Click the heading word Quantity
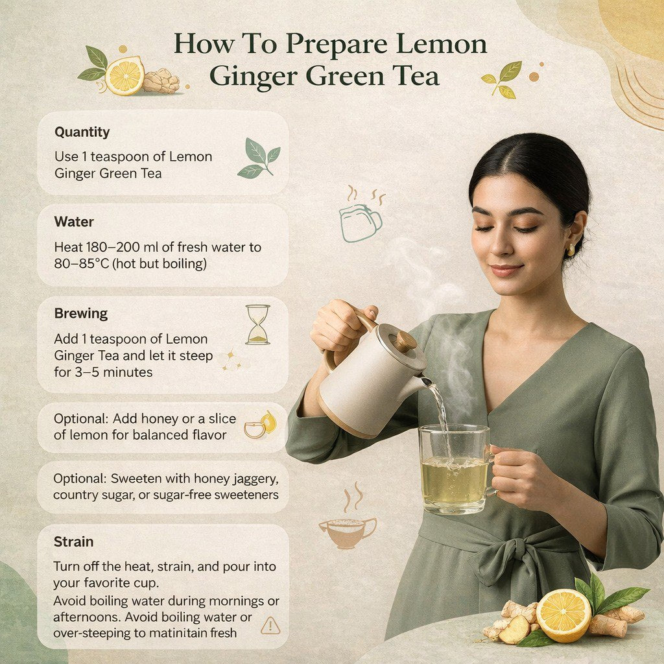point(82,132)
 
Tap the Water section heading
point(74,222)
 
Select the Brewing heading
point(81,314)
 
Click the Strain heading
point(74,541)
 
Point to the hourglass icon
point(257,324)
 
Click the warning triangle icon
point(270,625)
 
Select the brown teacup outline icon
point(348,530)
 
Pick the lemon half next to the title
point(124,76)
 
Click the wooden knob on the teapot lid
point(405,340)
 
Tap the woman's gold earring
point(571,250)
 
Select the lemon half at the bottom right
point(563,615)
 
